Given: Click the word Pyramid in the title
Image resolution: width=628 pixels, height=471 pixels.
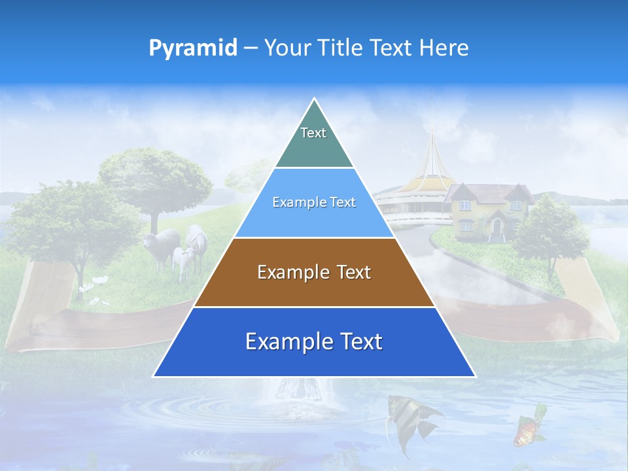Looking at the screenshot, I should click(x=193, y=48).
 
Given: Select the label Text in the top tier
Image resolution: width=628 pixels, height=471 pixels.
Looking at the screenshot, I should click(x=313, y=133).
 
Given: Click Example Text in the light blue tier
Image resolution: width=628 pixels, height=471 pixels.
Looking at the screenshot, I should click(x=314, y=202).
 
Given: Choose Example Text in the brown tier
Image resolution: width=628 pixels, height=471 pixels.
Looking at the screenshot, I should click(x=314, y=272).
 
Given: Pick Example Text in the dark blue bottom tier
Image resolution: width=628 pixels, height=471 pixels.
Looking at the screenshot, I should click(x=314, y=341).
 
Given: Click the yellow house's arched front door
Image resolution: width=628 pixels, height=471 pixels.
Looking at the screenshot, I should click(x=497, y=228).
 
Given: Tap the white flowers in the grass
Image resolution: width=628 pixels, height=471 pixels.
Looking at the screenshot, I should click(x=98, y=281).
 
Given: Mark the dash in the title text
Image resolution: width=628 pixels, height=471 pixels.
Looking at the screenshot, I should click(x=251, y=48).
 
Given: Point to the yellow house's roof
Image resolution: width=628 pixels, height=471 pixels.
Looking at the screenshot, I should click(x=487, y=192).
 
